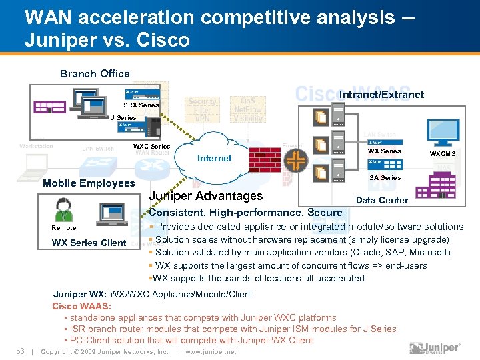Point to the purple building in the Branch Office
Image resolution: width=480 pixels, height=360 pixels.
(x=48, y=107)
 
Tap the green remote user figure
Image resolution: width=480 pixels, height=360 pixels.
(x=64, y=211)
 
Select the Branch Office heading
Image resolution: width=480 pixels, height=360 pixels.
(x=95, y=74)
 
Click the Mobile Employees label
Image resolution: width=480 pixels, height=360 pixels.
(x=89, y=183)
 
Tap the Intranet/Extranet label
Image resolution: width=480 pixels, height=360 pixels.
(x=381, y=95)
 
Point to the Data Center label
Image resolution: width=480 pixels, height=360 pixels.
(x=382, y=200)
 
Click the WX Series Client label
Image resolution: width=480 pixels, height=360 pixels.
(x=89, y=243)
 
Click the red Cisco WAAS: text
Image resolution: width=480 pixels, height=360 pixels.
(x=81, y=306)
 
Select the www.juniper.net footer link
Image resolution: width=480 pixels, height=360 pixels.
(x=210, y=352)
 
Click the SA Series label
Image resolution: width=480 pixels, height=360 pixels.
(x=385, y=178)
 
